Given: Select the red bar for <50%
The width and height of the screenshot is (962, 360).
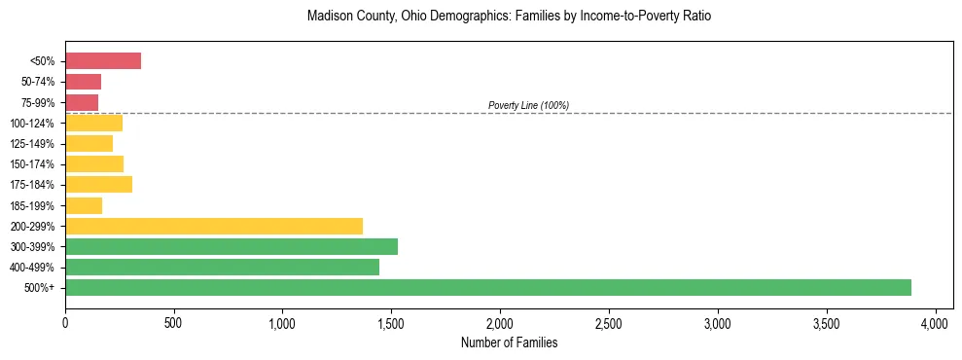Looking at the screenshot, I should tap(103, 61).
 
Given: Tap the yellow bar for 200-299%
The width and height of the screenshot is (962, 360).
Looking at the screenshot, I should tap(214, 226).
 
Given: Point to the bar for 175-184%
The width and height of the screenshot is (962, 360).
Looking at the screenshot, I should tap(98, 184).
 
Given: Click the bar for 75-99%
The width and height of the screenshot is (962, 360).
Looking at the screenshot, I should tap(82, 102).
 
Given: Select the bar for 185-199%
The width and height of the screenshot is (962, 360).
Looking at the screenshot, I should tap(84, 205).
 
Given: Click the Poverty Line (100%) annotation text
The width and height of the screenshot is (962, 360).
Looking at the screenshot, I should tap(528, 105).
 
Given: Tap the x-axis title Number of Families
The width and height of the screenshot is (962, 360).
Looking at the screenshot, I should tap(509, 343).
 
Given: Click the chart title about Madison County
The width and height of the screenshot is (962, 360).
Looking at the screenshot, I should tap(509, 17).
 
